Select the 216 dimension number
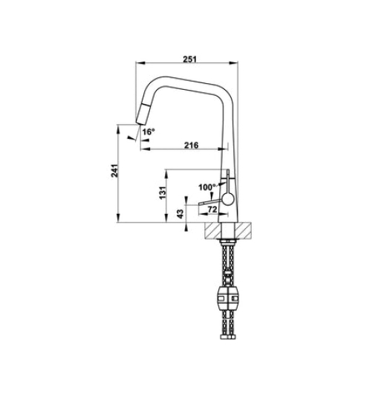(190, 145)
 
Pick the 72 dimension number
(212, 211)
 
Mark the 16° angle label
(148, 131)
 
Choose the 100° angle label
(206, 186)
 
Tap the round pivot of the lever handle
(229, 198)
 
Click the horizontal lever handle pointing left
(211, 200)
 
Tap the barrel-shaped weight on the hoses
(229, 299)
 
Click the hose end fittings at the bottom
(229, 342)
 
